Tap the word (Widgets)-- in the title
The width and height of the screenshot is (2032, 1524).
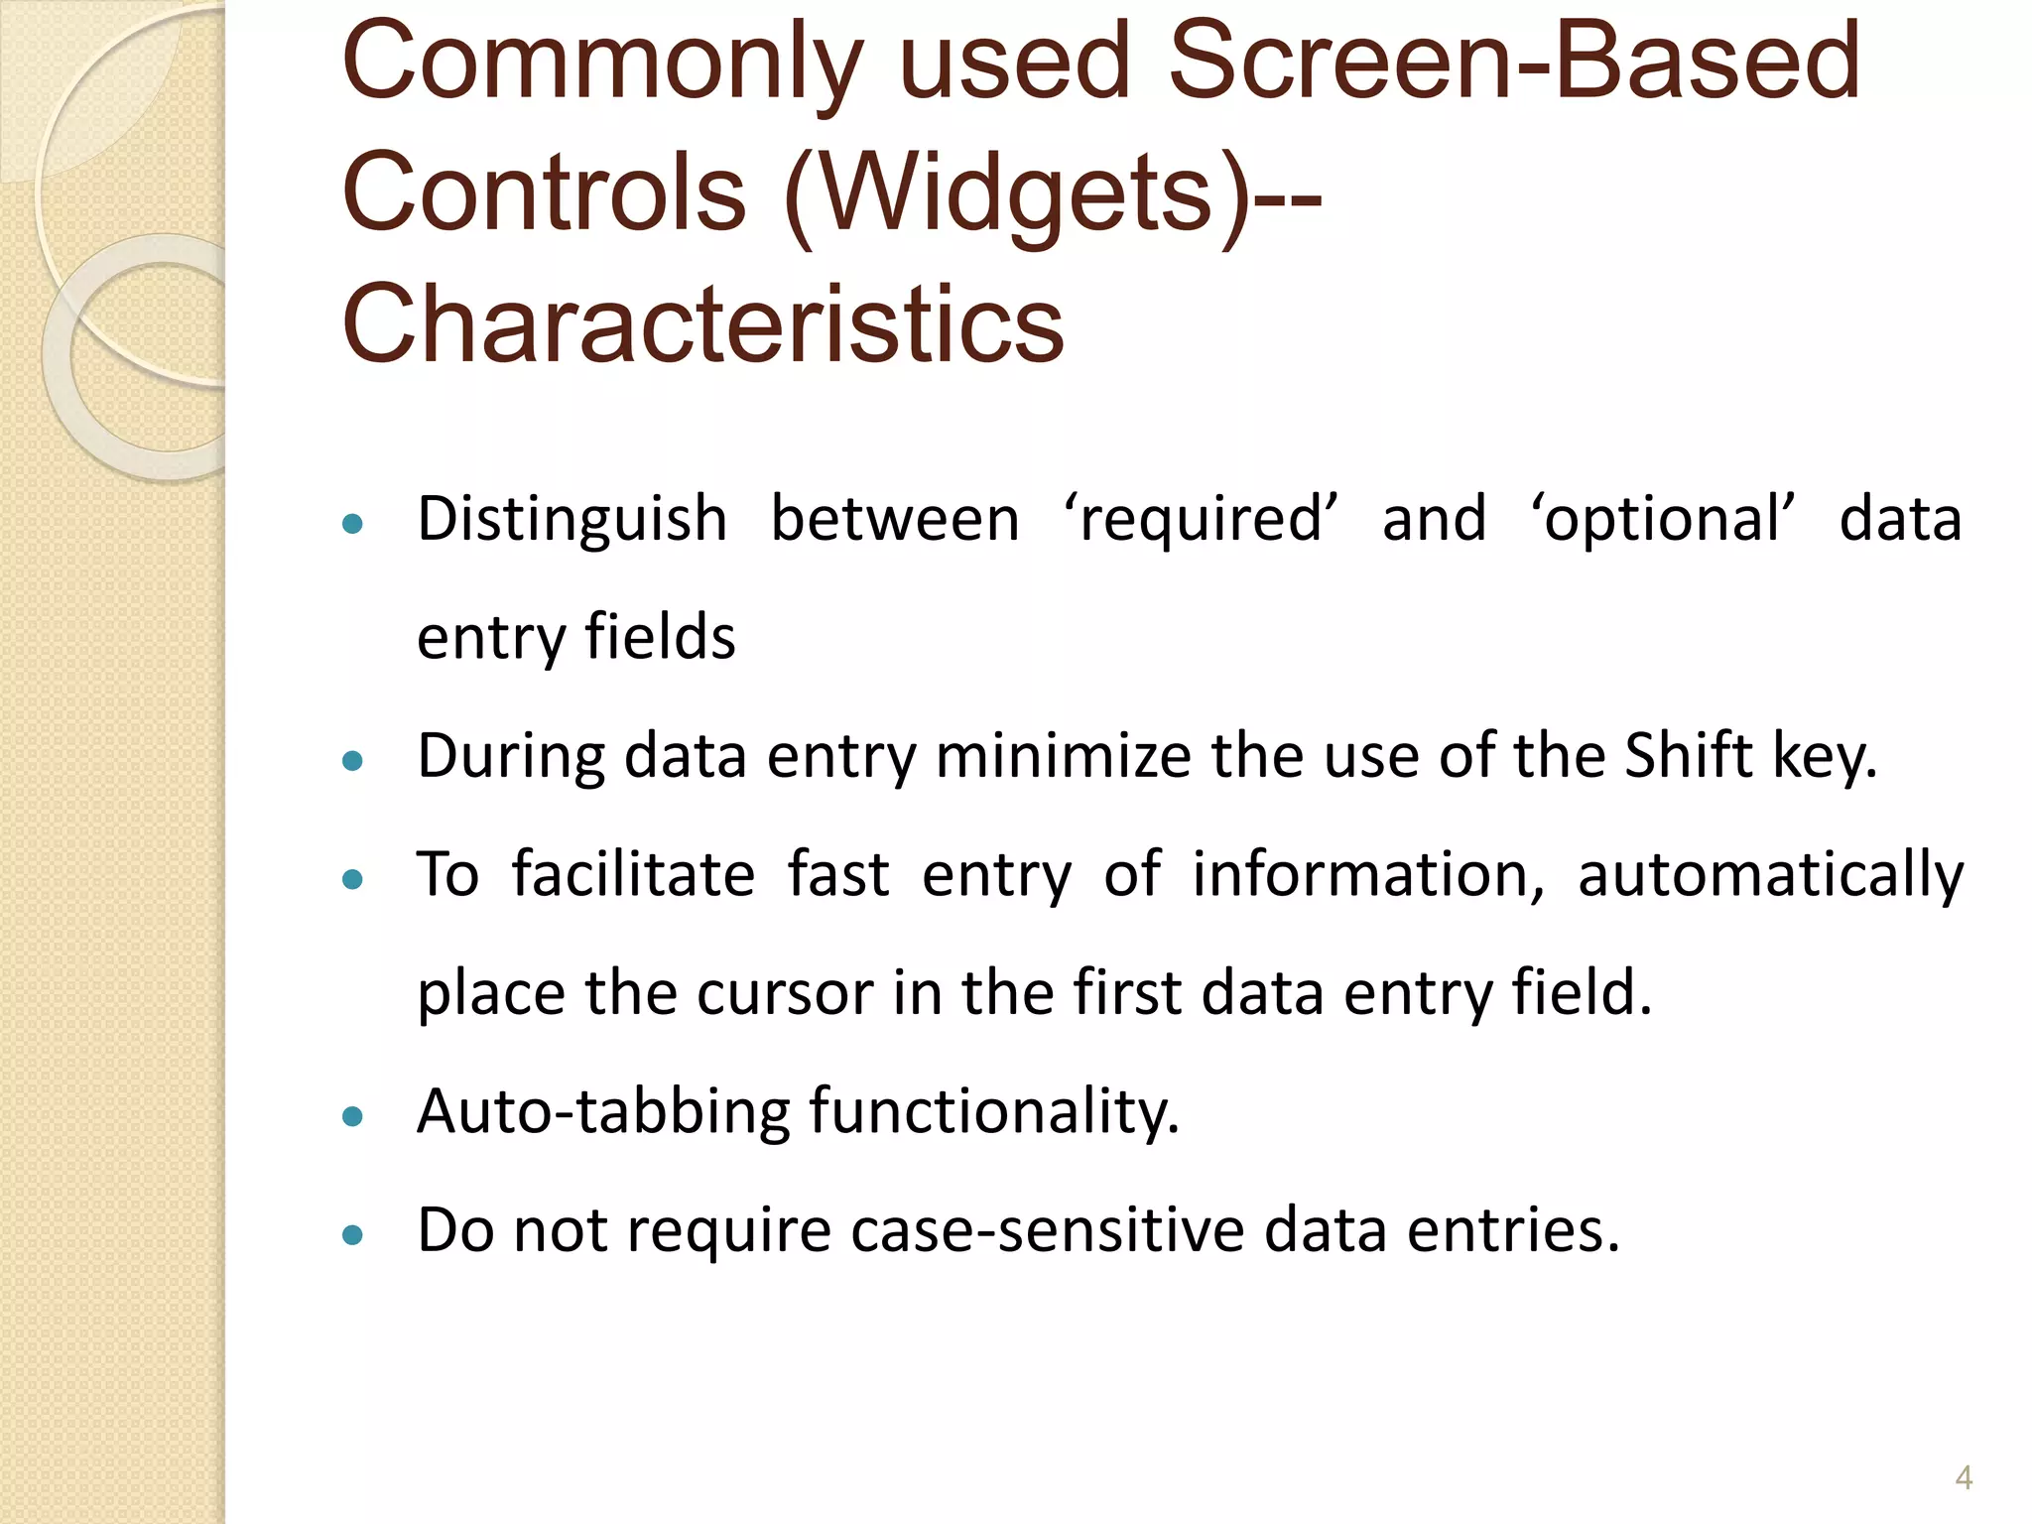[1052, 192]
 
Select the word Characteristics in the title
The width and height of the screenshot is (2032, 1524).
[702, 323]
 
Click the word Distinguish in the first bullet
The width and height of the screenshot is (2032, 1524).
[572, 520]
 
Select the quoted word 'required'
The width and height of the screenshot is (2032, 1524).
[1201, 520]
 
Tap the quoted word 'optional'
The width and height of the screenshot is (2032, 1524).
[1664, 520]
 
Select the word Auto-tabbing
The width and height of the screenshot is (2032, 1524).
[603, 1111]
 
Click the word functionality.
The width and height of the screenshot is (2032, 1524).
[994, 1111]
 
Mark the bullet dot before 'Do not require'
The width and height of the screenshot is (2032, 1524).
[352, 1236]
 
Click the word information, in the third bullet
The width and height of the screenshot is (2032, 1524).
[1368, 875]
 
